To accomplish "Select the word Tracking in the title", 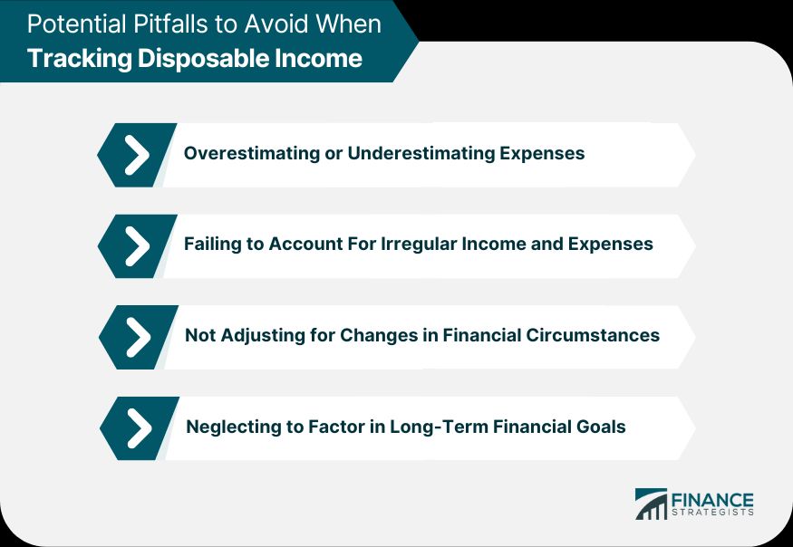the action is coord(80,58).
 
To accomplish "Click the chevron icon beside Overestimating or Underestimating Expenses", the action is coord(137,155).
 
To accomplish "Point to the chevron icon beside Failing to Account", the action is coord(138,246).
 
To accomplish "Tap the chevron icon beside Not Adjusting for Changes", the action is coord(139,337).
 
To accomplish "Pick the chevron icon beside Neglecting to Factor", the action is coord(140,428).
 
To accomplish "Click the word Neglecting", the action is coord(234,427).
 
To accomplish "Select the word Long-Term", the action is coord(439,427).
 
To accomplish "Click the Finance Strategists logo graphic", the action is coord(651,504).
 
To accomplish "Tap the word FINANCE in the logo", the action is coord(712,501).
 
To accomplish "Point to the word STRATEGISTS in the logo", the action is coord(712,513).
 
